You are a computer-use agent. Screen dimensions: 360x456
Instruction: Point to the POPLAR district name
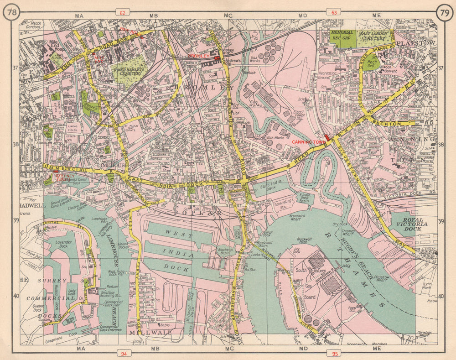[201, 213]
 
